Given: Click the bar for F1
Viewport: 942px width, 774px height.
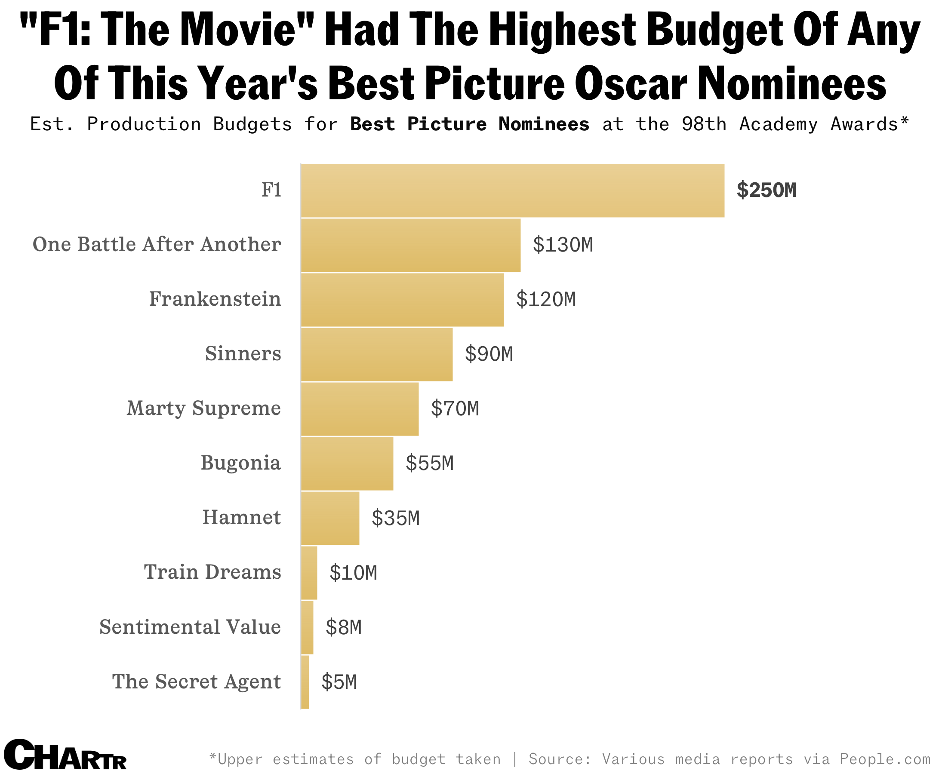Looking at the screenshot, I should click(512, 191).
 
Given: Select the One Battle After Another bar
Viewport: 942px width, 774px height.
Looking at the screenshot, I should click(410, 245).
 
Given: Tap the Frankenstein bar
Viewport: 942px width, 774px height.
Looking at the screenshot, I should click(402, 300).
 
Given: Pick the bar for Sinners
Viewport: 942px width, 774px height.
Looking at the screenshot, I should click(376, 354).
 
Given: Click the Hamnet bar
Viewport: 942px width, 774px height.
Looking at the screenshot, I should click(330, 518).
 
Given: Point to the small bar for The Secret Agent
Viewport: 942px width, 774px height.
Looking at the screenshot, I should click(305, 682).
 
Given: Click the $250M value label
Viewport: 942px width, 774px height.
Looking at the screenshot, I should click(766, 190).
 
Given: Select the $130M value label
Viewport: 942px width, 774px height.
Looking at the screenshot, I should click(563, 245).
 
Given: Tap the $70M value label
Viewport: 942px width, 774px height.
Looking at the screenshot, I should click(455, 409).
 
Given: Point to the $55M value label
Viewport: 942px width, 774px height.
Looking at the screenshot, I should click(430, 463).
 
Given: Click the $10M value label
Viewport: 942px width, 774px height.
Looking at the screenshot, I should click(353, 573).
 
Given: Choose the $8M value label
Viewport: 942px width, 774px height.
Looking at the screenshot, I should click(343, 628).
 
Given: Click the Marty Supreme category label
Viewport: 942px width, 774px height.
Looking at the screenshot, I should click(204, 408).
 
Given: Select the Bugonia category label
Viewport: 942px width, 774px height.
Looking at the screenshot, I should click(241, 463).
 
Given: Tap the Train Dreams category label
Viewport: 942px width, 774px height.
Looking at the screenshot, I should click(213, 572).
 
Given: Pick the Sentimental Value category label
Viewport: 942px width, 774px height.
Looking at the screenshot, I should click(190, 627).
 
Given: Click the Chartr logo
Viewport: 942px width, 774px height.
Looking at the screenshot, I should click(65, 754).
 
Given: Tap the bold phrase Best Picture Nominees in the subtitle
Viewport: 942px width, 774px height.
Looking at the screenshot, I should click(470, 124).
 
